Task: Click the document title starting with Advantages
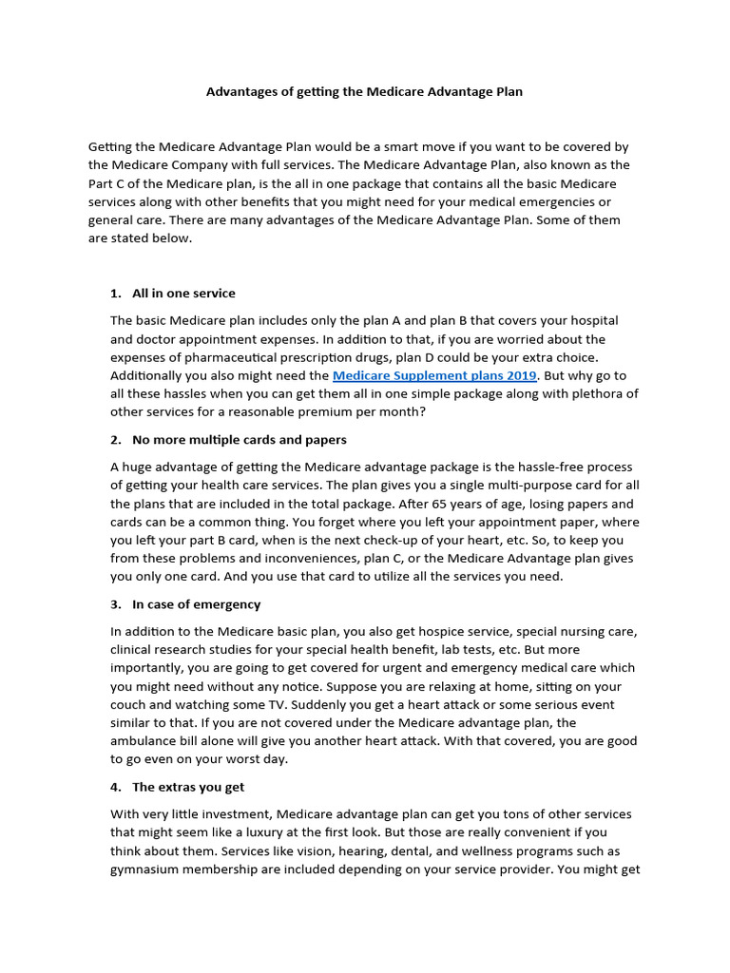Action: click(x=365, y=92)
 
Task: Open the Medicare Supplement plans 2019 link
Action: click(x=434, y=376)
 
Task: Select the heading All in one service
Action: click(x=183, y=293)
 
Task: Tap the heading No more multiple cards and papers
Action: click(x=240, y=440)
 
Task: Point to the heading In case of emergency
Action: click(x=196, y=604)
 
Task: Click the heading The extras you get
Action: click(x=188, y=787)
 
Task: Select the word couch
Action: click(x=129, y=705)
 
